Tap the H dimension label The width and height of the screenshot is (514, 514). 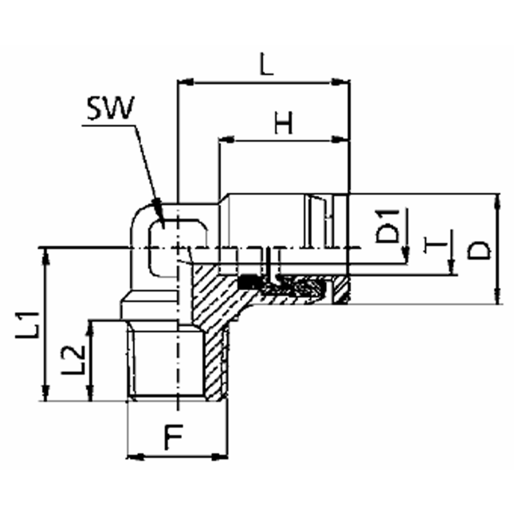283,123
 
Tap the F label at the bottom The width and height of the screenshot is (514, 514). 173,438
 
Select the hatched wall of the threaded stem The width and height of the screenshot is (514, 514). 213,360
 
